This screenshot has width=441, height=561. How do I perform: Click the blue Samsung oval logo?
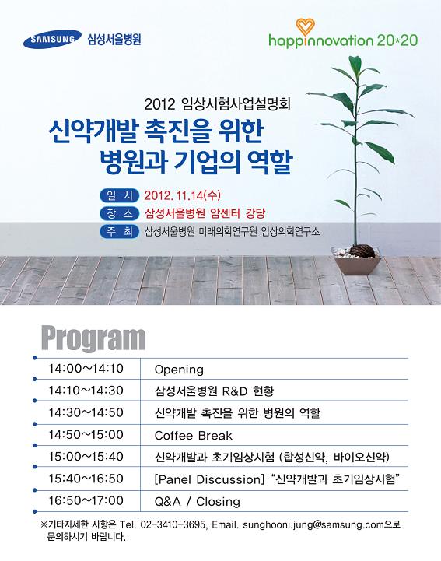point(52,39)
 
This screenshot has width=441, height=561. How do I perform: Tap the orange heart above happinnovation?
point(305,26)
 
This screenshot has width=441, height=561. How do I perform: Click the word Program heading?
point(93,338)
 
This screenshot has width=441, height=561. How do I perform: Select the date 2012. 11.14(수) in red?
point(183,195)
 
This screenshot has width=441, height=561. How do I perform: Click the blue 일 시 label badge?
point(120,195)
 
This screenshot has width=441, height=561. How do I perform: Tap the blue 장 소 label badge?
point(120,214)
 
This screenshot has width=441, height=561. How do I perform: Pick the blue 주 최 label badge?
point(120,232)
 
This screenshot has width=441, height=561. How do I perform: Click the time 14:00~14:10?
point(86,369)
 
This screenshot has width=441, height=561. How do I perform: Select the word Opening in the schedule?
point(179,370)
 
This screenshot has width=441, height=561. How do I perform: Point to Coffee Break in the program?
point(193,436)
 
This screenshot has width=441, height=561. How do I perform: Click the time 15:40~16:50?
point(86,479)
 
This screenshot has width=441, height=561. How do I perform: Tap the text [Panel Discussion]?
point(209,479)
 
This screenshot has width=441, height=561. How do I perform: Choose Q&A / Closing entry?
point(197,502)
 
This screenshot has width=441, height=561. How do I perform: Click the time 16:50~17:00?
point(86,500)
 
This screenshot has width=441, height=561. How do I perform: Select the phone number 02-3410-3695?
point(173,525)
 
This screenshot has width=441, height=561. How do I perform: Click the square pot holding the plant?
point(356,261)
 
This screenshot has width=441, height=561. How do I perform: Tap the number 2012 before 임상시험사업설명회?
point(160,104)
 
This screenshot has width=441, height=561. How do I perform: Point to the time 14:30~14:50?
point(86,412)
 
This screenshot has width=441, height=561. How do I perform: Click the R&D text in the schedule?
point(235,391)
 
